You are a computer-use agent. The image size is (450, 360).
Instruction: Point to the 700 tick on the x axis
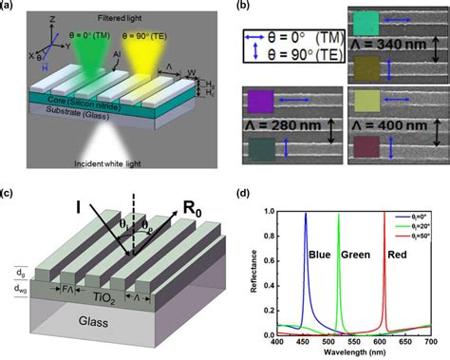[429, 342]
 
